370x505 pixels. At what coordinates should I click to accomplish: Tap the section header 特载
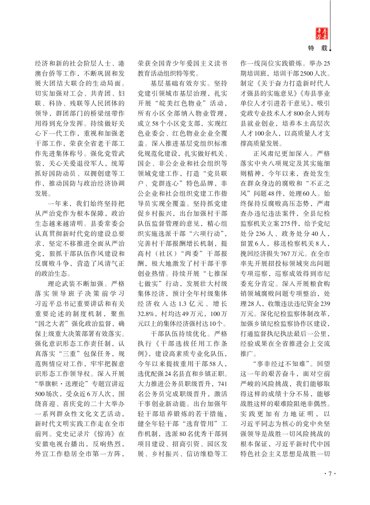[x=319, y=47]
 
